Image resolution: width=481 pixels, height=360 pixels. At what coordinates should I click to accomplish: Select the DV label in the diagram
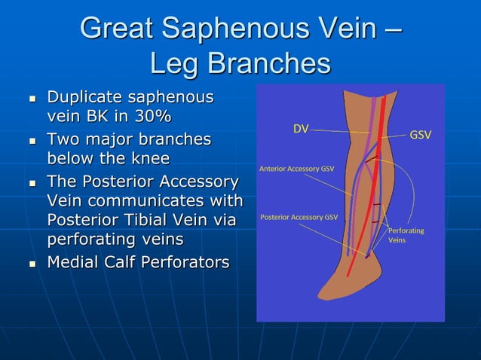coord(301,129)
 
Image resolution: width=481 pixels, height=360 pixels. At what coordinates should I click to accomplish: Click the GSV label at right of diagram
coord(420,136)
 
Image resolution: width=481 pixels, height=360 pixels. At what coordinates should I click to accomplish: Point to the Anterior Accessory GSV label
coord(296,169)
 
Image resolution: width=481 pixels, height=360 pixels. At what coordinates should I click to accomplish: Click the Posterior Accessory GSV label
coord(299,217)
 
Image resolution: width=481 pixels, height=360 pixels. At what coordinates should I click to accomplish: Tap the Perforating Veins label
coord(406,235)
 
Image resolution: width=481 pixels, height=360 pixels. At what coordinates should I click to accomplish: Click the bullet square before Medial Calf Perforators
coord(32,264)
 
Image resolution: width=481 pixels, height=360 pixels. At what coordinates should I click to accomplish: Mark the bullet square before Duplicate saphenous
coord(32,99)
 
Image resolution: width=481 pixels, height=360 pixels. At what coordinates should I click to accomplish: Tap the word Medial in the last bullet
coord(74,262)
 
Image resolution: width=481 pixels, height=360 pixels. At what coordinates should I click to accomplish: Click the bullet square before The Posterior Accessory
coord(32,183)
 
